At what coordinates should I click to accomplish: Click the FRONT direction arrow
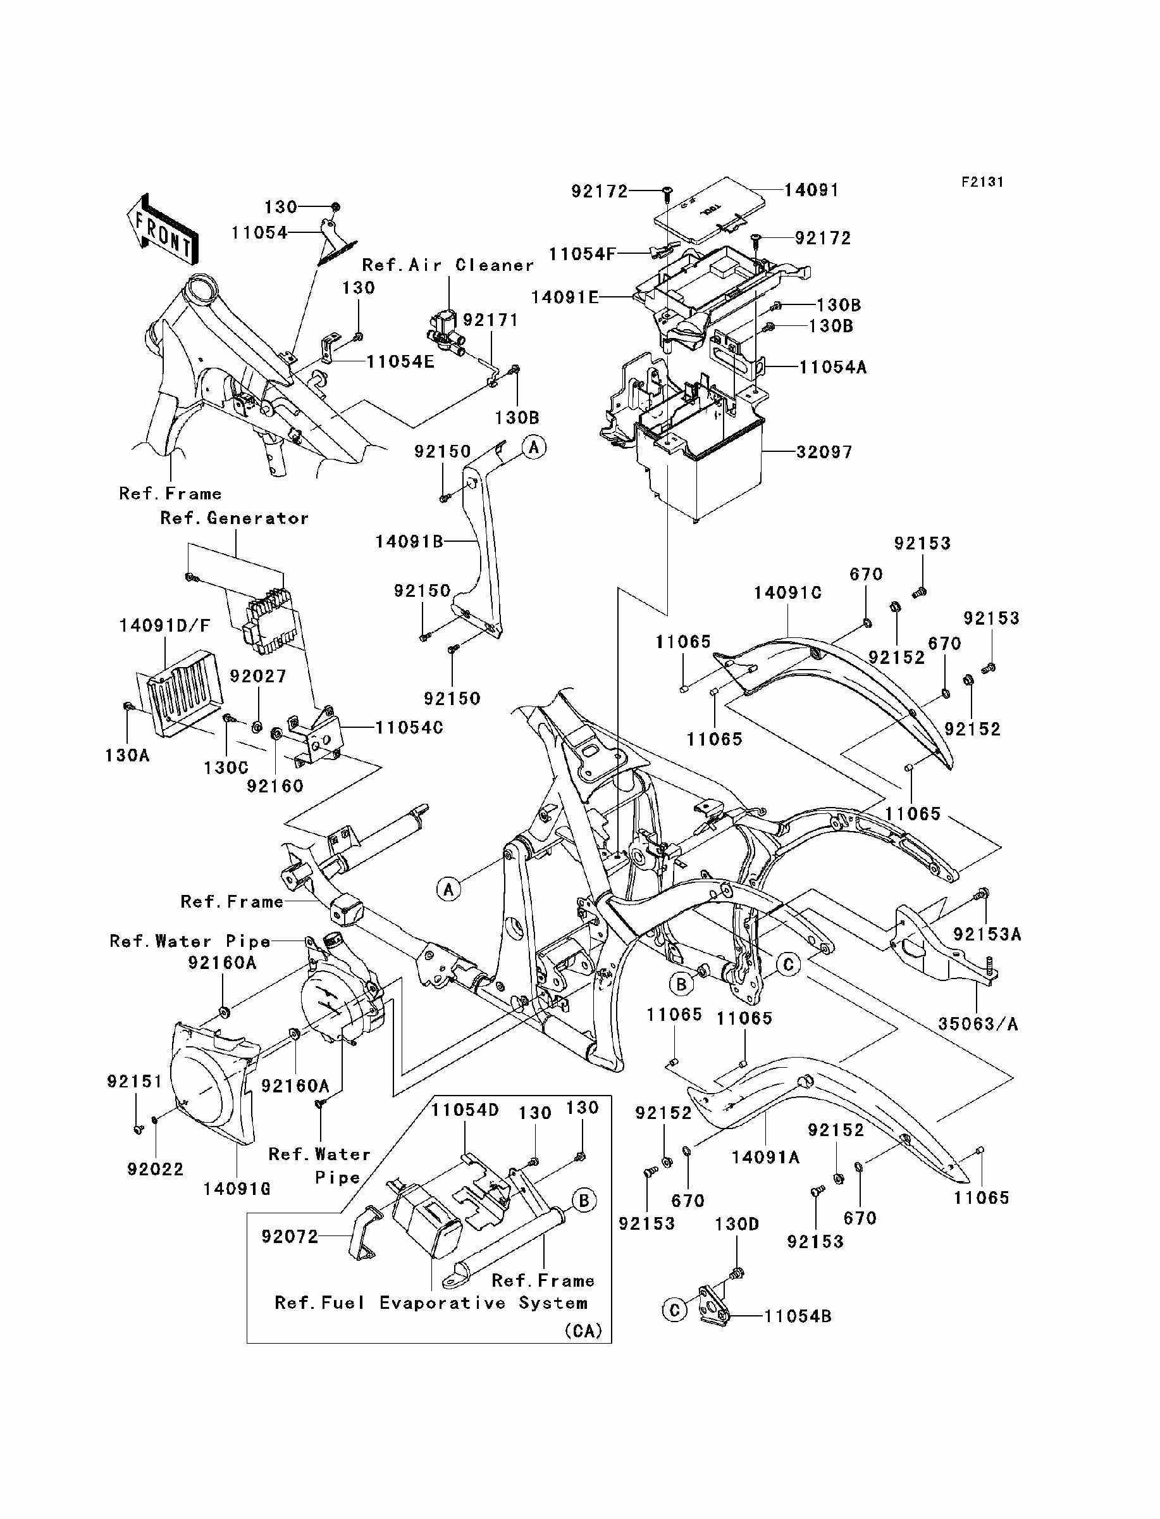click(x=163, y=228)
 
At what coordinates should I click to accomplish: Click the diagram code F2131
click(x=982, y=182)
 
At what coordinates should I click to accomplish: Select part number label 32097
click(x=824, y=452)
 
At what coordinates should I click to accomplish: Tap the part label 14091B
click(x=409, y=542)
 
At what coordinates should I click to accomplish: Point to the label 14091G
click(x=237, y=1188)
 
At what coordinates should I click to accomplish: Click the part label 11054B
click(x=798, y=1316)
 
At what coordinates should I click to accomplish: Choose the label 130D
click(x=737, y=1224)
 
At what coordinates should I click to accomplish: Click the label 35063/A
click(x=978, y=1023)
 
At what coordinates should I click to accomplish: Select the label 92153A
click(x=987, y=934)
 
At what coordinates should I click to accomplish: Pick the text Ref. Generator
click(x=235, y=518)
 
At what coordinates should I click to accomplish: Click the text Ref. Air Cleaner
click(x=448, y=265)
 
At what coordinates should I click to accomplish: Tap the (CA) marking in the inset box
click(x=583, y=1330)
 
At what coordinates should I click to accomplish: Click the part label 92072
click(x=290, y=1237)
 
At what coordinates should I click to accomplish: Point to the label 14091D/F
click(x=165, y=625)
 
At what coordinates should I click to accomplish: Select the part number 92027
click(x=258, y=675)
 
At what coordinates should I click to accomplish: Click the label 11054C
click(x=409, y=727)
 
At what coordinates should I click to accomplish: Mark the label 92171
click(x=490, y=320)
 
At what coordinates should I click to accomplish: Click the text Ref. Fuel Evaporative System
click(x=431, y=1303)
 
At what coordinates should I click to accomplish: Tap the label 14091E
click(x=565, y=297)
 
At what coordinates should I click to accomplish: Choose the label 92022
click(x=156, y=1169)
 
